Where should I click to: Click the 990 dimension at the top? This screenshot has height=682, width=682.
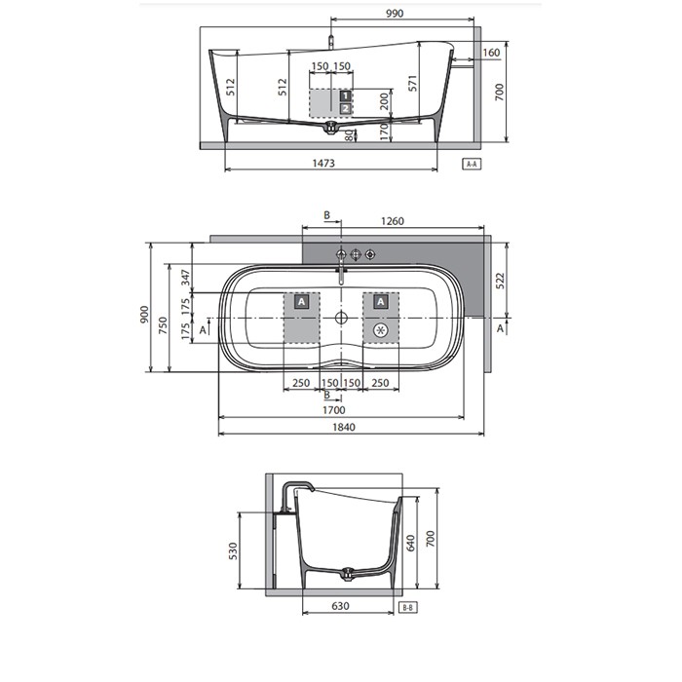click(x=395, y=14)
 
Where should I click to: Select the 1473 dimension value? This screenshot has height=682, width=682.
click(x=323, y=163)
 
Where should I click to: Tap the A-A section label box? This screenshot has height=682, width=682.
click(x=472, y=164)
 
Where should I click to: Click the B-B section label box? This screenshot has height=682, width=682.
click(x=408, y=608)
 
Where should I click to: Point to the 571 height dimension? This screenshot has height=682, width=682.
click(x=412, y=83)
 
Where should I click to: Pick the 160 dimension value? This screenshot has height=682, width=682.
click(x=491, y=53)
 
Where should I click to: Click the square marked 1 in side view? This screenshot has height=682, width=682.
click(x=346, y=95)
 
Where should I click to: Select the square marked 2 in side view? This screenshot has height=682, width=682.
click(x=346, y=109)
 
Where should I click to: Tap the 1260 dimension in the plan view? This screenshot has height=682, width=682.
click(x=393, y=221)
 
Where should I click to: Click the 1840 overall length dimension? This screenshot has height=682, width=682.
click(x=344, y=427)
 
